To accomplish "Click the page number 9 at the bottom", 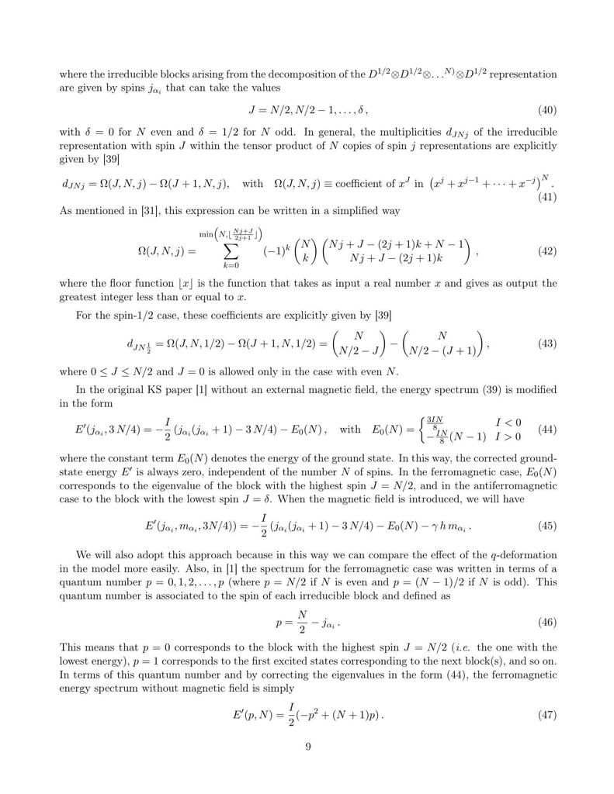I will (307, 746).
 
